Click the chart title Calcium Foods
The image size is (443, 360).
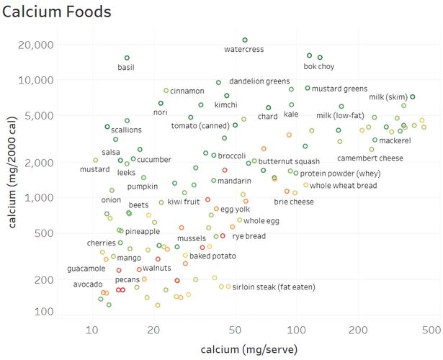pos(57,12)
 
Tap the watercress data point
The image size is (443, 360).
pos(245,40)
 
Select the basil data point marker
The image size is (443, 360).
pos(127,58)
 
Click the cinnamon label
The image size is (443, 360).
pos(187,91)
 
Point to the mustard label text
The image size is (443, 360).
pos(95,170)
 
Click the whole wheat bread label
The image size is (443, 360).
pos(344,186)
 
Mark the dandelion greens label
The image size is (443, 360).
pos(259,82)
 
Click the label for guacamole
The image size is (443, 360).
pos(86,269)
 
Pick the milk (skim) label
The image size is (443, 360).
pos(388,97)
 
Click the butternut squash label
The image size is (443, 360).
pos(289,161)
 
